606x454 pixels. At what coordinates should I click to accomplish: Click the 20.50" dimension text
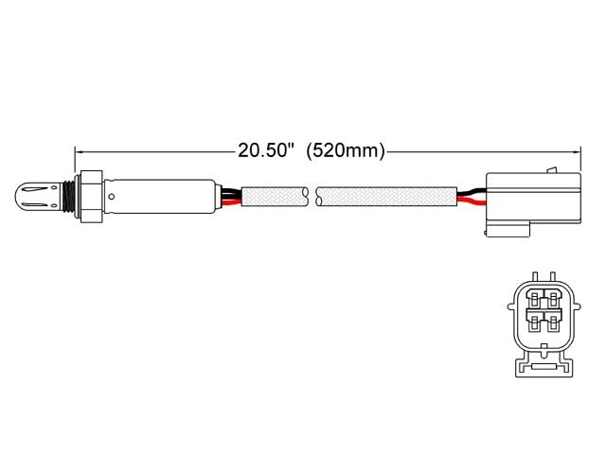(267, 149)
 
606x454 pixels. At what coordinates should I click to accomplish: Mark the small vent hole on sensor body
(112, 198)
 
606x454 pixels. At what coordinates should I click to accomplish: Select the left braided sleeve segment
(275, 197)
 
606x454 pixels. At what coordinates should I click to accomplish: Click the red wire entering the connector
(471, 194)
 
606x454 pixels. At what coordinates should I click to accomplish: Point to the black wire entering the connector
(471, 201)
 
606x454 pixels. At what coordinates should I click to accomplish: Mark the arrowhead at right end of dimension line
(575, 149)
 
